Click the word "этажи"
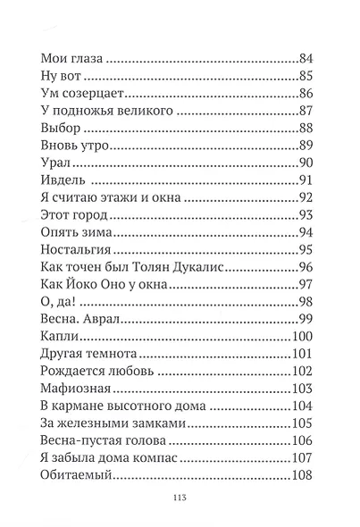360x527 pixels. pos(133,197)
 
